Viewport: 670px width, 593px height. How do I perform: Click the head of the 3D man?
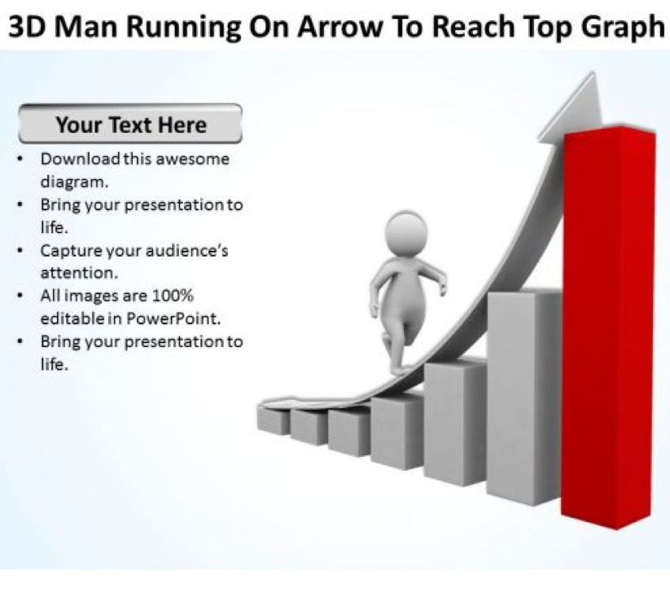(406, 234)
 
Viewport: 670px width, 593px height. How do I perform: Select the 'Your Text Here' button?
(131, 124)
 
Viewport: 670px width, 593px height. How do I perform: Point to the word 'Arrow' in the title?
(340, 27)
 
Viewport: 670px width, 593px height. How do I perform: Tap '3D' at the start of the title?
(27, 27)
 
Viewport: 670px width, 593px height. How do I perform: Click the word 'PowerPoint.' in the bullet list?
(174, 318)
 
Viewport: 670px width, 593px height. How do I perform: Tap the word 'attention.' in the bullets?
(79, 273)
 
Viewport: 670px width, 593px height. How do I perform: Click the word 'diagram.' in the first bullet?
(74, 182)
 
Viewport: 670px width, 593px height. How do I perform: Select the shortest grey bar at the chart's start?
(274, 420)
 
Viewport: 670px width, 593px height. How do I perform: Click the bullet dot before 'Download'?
(20, 159)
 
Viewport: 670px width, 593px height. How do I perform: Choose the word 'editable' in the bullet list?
(72, 318)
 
